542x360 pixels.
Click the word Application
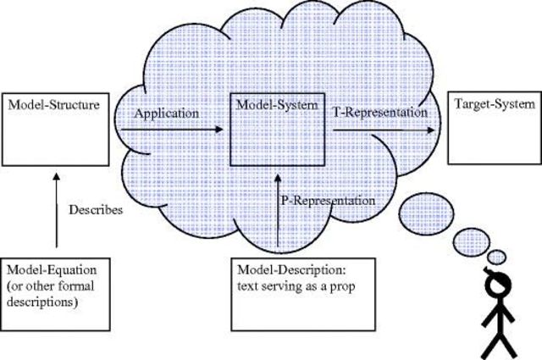coord(166,112)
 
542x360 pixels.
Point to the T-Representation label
coord(379,111)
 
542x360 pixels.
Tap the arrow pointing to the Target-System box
coord(385,130)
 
